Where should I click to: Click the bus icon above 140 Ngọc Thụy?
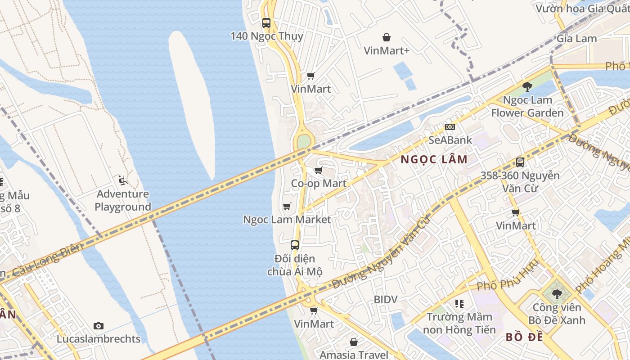[x=266, y=22]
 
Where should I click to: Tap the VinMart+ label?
[x=387, y=50]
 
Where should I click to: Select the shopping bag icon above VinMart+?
[x=387, y=37]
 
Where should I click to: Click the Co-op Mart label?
[x=319, y=183]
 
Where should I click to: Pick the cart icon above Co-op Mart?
[x=319, y=170]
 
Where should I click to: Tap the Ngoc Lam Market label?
[x=287, y=220]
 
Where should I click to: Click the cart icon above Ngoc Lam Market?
[x=287, y=206]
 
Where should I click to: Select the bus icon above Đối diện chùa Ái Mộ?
[x=295, y=245]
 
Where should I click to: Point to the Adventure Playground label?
[x=123, y=200]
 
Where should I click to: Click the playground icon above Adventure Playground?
[x=122, y=180]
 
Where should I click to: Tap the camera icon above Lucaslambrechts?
[x=99, y=326]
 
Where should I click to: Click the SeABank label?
[x=450, y=140]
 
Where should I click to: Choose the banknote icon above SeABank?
[x=450, y=127]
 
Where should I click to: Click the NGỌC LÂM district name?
[x=434, y=159]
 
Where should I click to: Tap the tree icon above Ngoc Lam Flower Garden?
[x=527, y=86]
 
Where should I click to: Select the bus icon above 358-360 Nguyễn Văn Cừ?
[x=520, y=162]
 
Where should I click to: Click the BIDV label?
[x=386, y=299]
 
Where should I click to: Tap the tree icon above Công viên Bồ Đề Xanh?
[x=557, y=294]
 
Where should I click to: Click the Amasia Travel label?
[x=354, y=355]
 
